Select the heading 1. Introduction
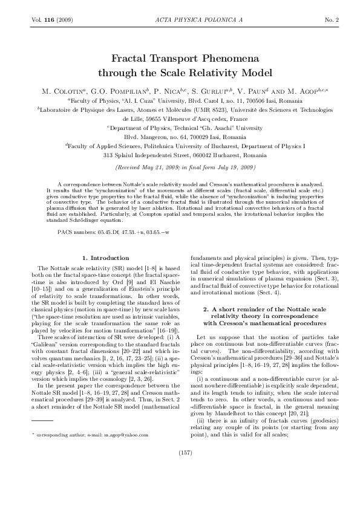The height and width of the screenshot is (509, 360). pos(105,258)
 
